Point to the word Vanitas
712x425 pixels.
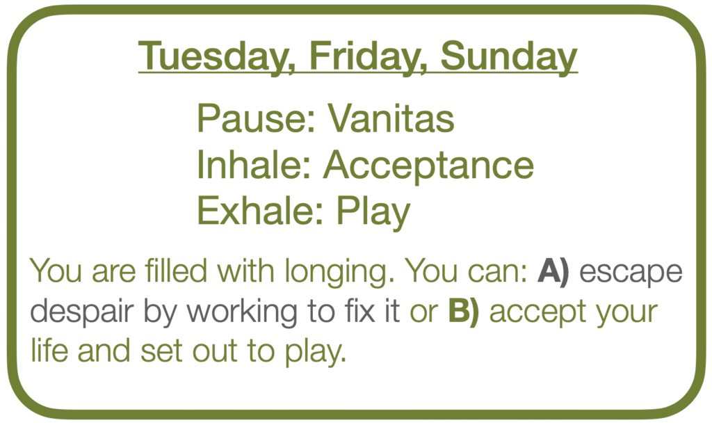pyautogui.click(x=391, y=118)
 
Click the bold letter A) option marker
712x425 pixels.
pyautogui.click(x=553, y=271)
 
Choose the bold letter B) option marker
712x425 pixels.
pyautogui.click(x=464, y=312)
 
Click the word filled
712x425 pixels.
pyautogui.click(x=176, y=271)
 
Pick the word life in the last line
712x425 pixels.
pyautogui.click(x=49, y=351)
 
